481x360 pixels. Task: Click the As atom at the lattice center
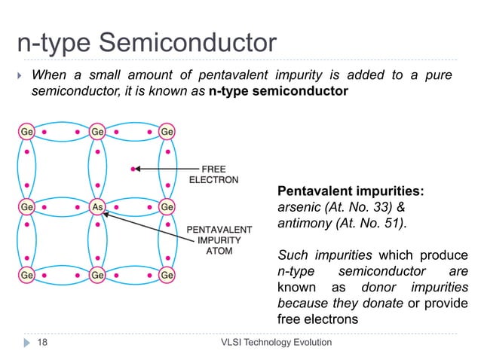[97, 206]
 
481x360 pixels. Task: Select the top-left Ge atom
[26, 131]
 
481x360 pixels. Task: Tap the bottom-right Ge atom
[167, 276]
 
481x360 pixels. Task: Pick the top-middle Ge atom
[97, 131]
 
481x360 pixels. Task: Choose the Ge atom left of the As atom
[26, 206]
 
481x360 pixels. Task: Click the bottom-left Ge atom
[26, 276]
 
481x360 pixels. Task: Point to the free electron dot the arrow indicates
[133, 169]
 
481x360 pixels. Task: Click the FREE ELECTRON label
[214, 175]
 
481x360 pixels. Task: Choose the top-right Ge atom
[167, 131]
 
